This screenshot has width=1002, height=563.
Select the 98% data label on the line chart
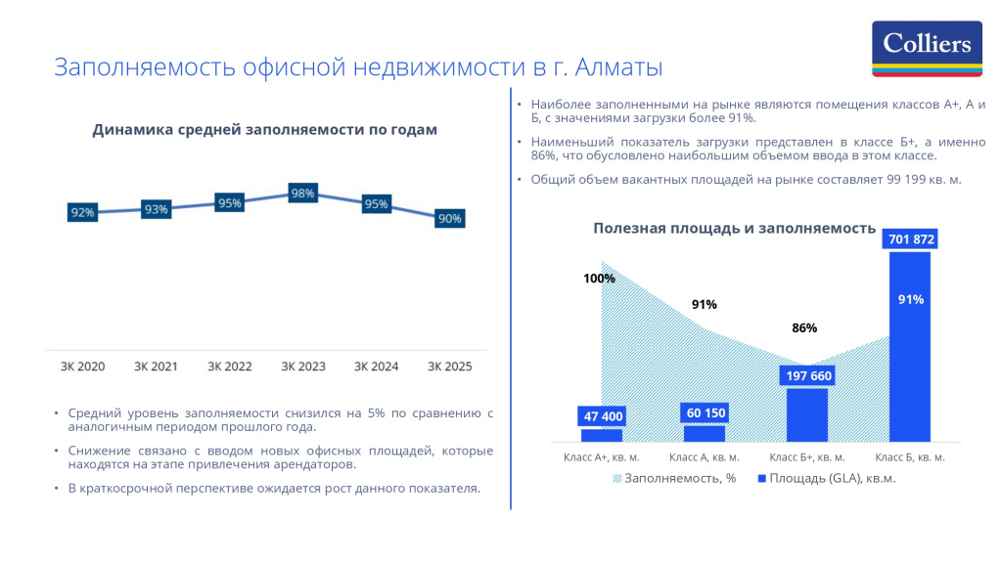click(303, 194)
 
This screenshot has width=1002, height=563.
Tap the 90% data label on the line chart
click(450, 219)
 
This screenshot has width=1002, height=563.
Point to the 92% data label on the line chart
click(82, 212)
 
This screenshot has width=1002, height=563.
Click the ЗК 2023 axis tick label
click(303, 367)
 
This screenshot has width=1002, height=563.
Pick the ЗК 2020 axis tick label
click(82, 367)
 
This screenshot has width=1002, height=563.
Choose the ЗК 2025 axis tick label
click(450, 367)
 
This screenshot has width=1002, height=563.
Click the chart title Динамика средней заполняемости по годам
click(264, 130)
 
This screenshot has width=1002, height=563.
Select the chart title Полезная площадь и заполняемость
click(734, 228)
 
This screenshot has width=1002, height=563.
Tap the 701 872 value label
click(911, 238)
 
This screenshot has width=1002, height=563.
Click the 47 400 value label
click(603, 416)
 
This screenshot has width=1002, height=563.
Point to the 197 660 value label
click(807, 375)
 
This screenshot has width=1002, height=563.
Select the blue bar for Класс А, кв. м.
click(705, 433)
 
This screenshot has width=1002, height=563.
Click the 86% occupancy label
click(804, 328)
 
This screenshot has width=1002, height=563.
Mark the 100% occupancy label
click(599, 278)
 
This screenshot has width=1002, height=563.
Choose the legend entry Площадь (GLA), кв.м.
click(827, 479)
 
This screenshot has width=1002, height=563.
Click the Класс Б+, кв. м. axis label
click(807, 456)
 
